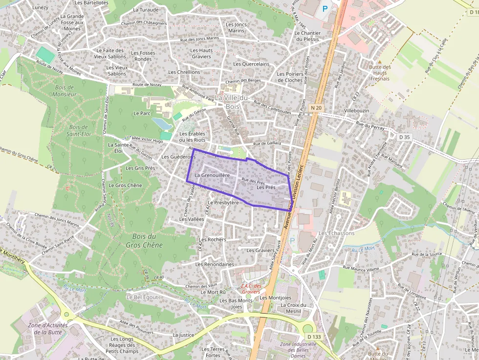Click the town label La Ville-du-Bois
point(233,102)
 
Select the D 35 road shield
point(404,137)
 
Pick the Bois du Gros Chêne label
point(144,240)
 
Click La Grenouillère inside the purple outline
point(212,175)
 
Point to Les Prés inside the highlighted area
point(266,187)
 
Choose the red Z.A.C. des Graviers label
point(251,289)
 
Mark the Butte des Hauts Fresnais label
point(380,73)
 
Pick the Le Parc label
point(142,113)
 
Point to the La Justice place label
point(183,335)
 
